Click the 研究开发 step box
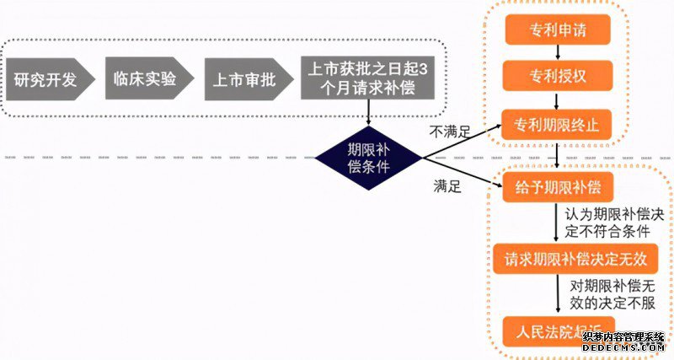[x=47, y=81]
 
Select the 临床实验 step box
[x=145, y=81]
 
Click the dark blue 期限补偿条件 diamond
[x=368, y=156]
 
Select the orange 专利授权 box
[x=557, y=77]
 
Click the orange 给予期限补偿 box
[x=557, y=187]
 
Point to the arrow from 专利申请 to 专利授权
[x=557, y=54]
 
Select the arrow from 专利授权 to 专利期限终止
[x=557, y=101]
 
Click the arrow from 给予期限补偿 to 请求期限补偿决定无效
[x=557, y=223]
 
